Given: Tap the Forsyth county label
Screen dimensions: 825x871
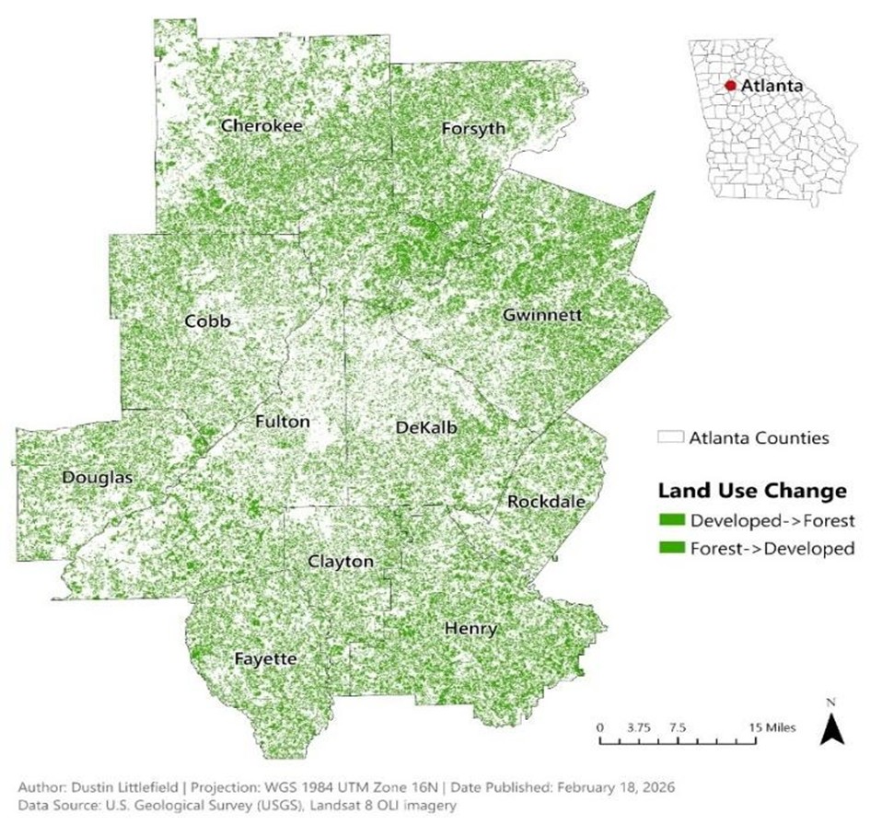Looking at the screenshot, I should (x=473, y=128).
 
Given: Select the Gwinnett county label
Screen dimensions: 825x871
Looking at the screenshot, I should (x=542, y=315).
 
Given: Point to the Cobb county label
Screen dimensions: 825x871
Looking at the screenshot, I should (x=206, y=321).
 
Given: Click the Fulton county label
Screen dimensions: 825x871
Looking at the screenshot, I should (x=282, y=423).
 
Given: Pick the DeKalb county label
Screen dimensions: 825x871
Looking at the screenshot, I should (x=425, y=427).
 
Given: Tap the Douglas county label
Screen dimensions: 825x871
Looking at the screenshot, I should (x=98, y=477).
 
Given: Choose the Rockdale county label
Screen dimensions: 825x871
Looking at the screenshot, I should (x=546, y=502).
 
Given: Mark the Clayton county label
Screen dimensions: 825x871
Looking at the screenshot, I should (x=341, y=562).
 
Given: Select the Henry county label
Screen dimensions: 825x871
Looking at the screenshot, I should (x=470, y=629).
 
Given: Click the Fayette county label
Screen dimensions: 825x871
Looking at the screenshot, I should (x=265, y=659).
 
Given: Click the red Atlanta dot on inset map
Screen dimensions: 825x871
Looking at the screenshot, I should (x=730, y=85).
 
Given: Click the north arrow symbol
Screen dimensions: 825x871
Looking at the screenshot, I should (x=830, y=728).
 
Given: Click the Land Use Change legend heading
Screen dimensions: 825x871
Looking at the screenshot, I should (x=751, y=489).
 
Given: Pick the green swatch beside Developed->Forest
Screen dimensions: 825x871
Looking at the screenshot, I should (x=672, y=520).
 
